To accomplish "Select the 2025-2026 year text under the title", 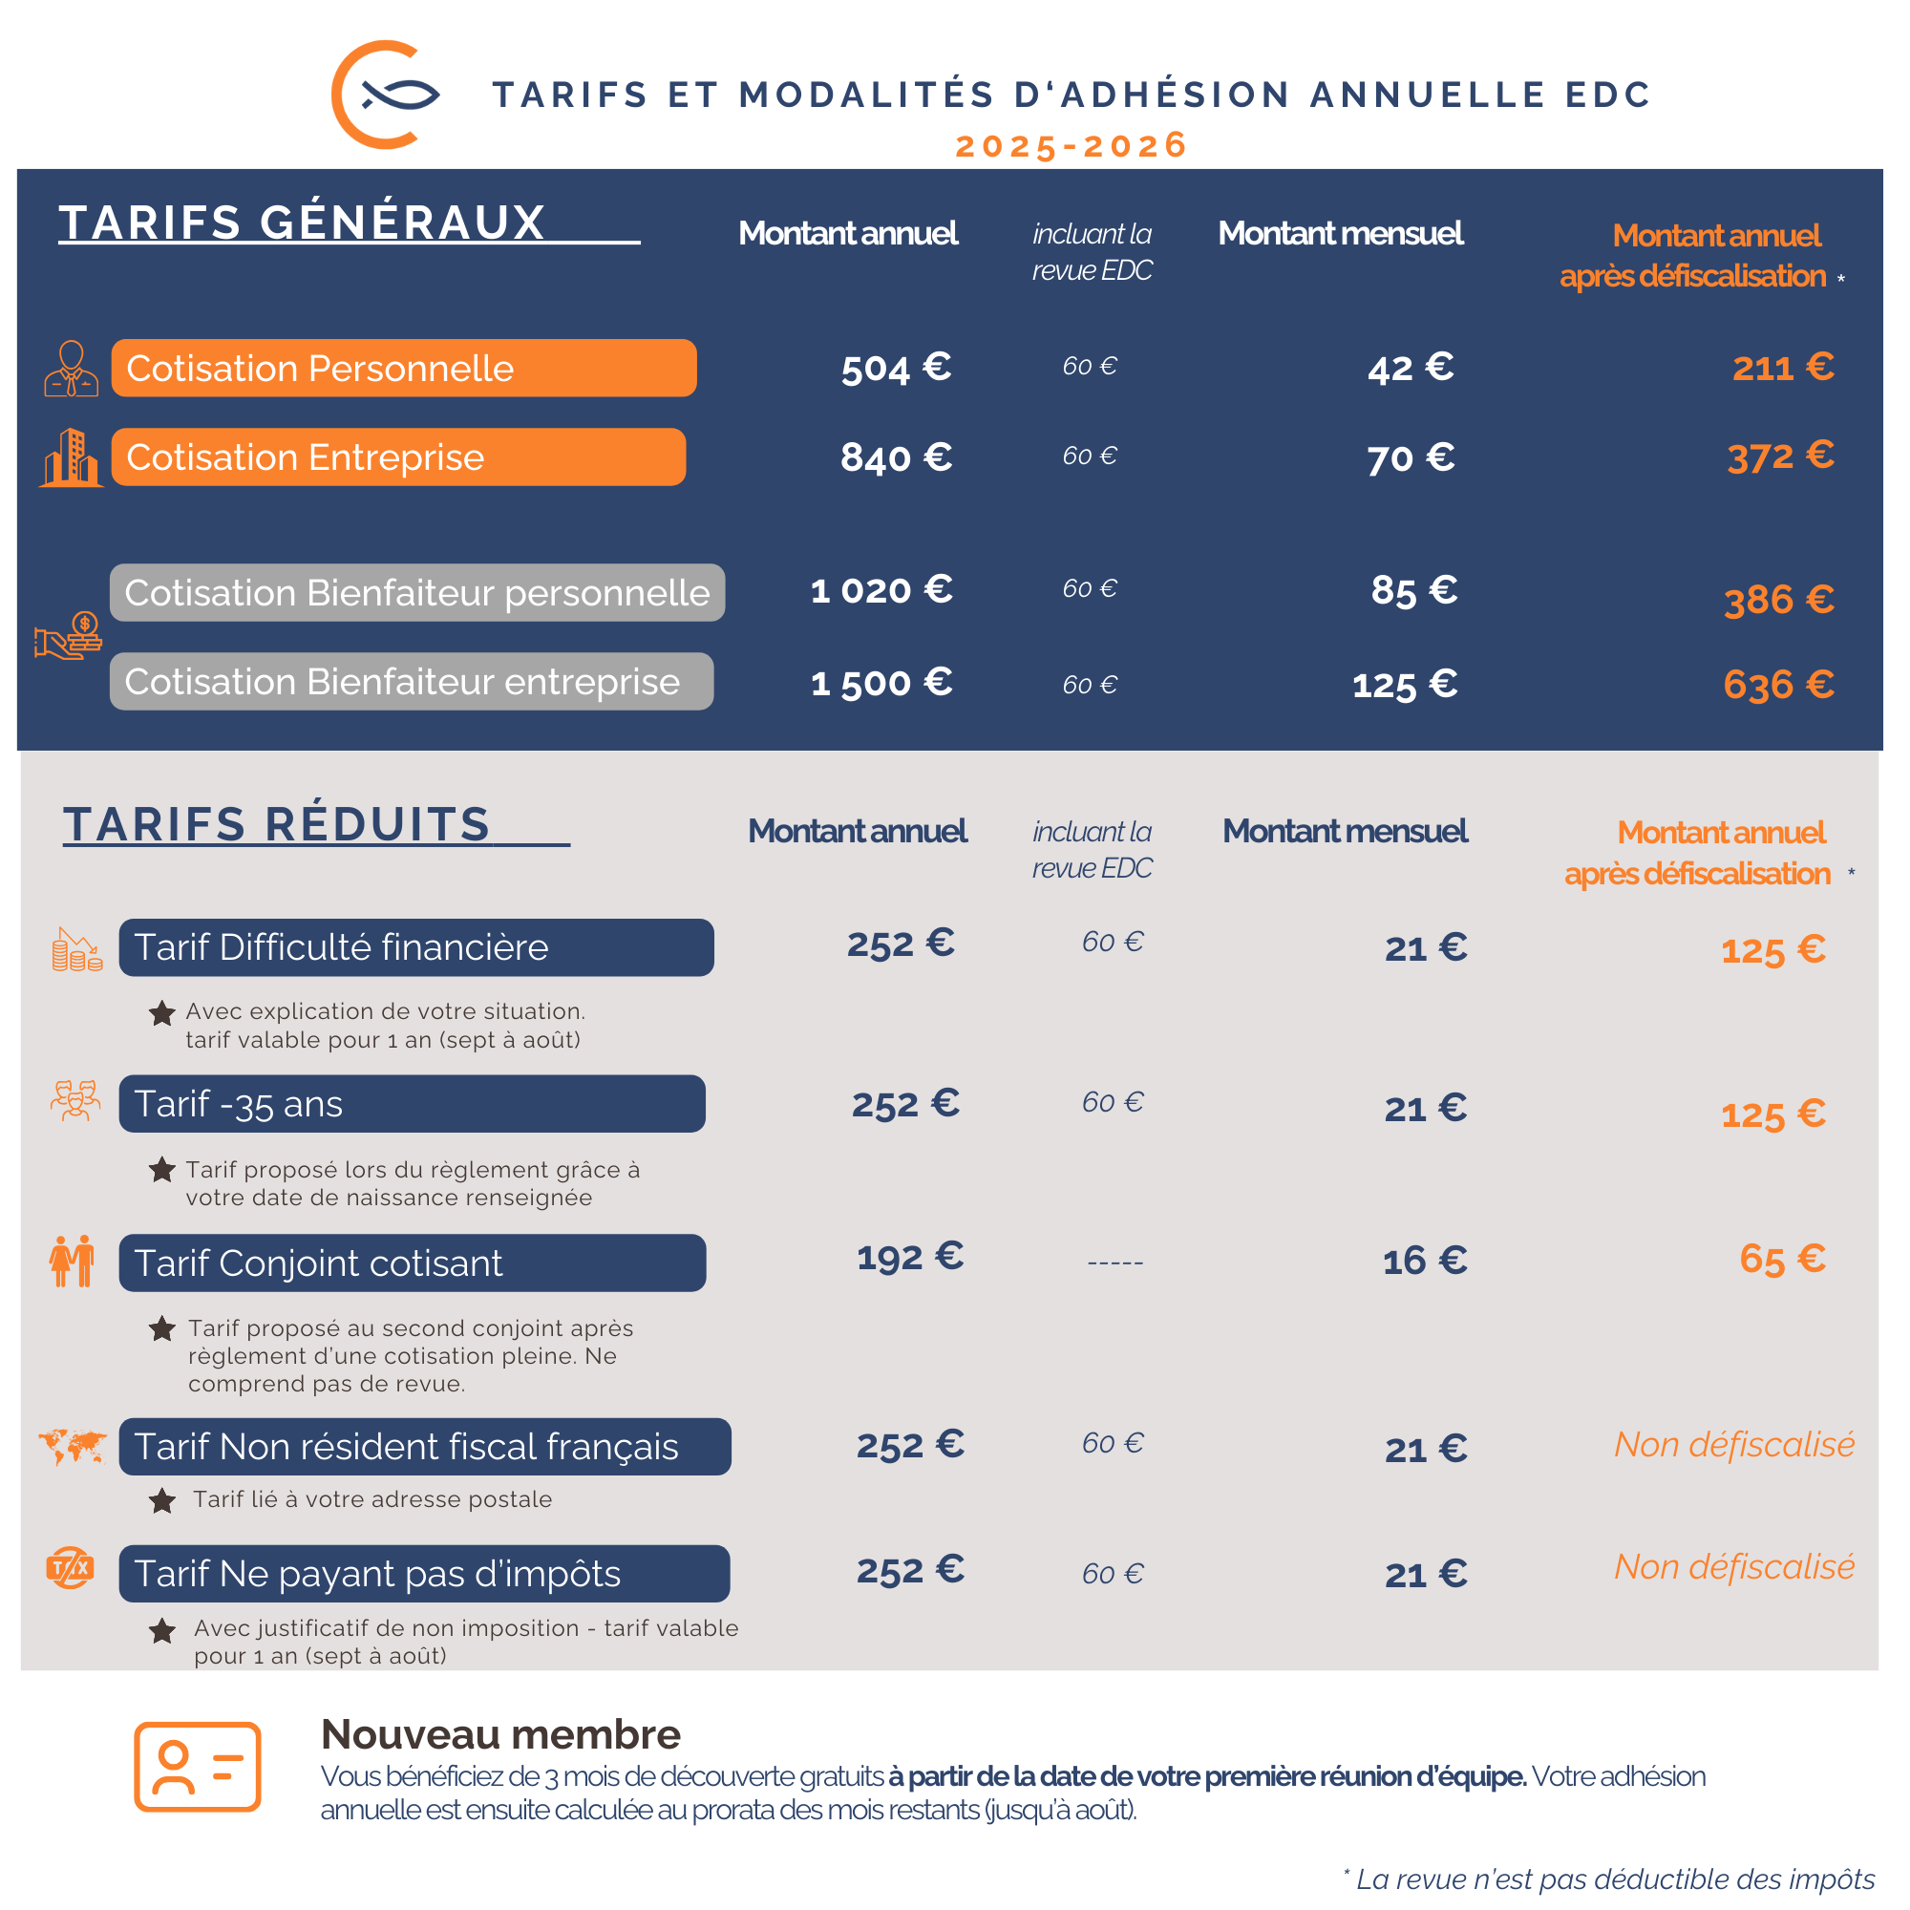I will click(1071, 145).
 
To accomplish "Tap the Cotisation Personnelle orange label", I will click(403, 368).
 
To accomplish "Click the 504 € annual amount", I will click(896, 368).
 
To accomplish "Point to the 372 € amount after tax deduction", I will click(1780, 456).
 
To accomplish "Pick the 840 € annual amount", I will click(896, 456).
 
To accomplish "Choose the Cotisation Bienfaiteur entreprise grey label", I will click(412, 681).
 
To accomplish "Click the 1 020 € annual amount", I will click(881, 590).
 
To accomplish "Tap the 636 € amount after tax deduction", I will click(1778, 684).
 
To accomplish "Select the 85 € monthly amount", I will click(1413, 590).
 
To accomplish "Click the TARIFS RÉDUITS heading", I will click(277, 823).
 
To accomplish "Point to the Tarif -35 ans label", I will click(412, 1103).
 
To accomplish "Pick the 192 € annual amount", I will click(909, 1257).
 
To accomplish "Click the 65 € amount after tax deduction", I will click(1782, 1259).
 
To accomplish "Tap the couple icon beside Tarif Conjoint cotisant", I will click(73, 1262).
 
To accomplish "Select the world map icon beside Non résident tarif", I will click(73, 1446).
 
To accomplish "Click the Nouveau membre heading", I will click(500, 1734).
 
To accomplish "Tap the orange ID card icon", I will click(198, 1767).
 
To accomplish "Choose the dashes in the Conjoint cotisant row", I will click(1115, 1263).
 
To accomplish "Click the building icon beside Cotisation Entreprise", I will click(72, 457).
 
